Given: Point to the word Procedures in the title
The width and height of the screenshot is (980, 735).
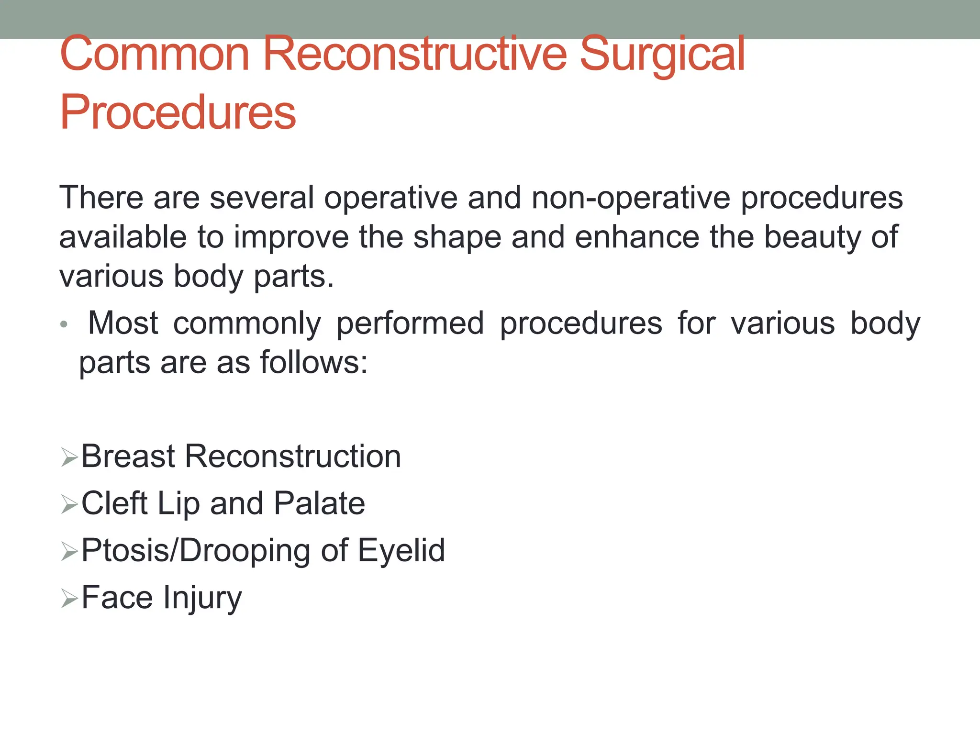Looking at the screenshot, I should [178, 112].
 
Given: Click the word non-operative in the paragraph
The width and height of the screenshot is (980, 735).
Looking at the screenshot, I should [631, 198].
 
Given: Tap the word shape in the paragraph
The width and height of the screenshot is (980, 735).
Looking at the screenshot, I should [457, 237].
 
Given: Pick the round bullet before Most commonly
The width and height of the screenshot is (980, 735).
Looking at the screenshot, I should [64, 325].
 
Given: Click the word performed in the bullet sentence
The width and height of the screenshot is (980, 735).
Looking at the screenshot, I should [410, 323].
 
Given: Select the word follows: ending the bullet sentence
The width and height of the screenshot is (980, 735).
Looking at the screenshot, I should [314, 363].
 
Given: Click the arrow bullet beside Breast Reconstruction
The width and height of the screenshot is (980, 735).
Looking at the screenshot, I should [69, 457].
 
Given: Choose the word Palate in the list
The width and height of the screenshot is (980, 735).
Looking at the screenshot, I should [319, 503].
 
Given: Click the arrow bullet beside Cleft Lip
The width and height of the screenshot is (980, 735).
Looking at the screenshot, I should [69, 504].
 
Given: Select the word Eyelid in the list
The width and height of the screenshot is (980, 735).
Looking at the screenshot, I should [401, 550].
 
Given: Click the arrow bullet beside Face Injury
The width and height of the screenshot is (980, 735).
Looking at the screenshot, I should [69, 599].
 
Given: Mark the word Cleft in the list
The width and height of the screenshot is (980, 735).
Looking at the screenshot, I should [114, 503].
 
